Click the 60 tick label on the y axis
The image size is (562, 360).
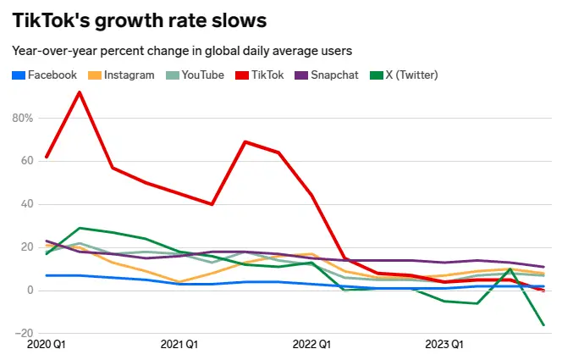(25, 160)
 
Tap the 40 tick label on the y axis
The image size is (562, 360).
(25, 204)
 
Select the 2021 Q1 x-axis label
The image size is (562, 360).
(179, 345)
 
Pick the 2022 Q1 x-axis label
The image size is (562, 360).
(311, 345)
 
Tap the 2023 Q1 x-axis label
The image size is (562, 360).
(444, 345)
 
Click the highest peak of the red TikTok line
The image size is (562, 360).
(79, 92)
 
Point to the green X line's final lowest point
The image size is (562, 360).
(543, 325)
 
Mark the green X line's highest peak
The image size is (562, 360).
(79, 228)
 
